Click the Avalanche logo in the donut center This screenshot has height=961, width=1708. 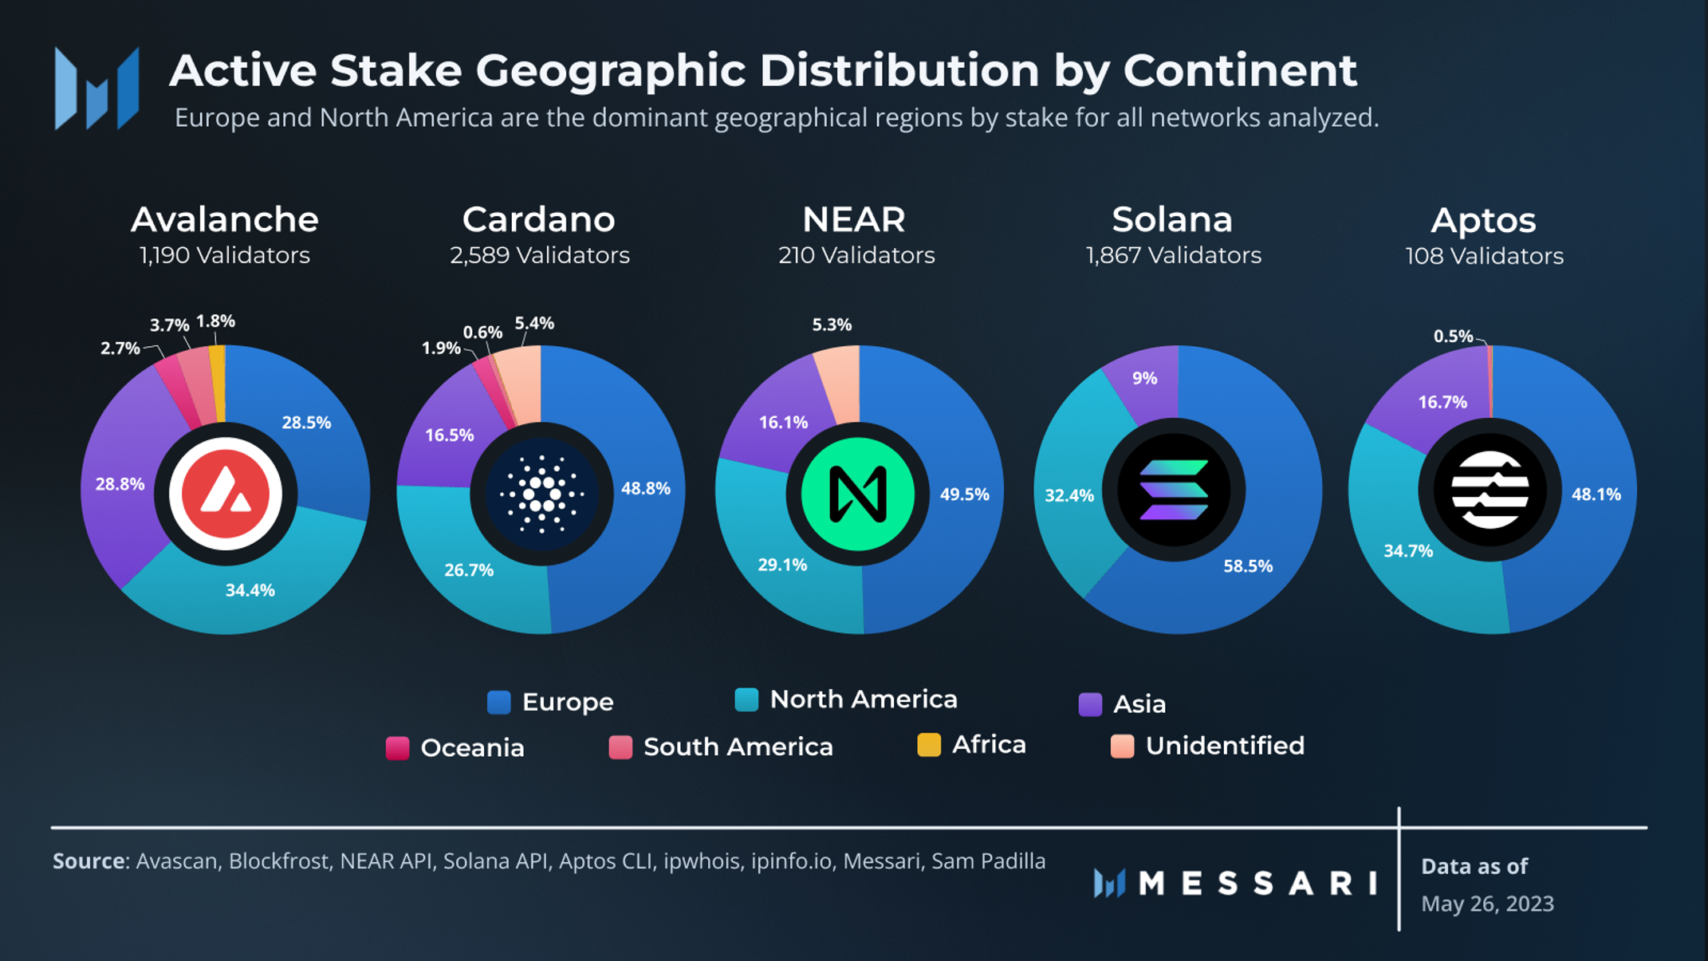[225, 494]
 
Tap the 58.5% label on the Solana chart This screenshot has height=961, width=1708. [1248, 566]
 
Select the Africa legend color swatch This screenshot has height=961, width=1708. [929, 745]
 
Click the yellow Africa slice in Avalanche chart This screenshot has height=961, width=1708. [218, 383]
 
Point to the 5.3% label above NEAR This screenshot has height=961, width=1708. [832, 325]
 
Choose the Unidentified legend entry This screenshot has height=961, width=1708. [1224, 746]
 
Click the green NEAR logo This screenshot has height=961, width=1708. [857, 494]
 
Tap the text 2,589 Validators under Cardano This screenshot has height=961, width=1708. [540, 255]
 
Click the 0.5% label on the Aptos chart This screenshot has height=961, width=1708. [1453, 337]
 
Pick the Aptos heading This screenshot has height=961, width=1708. [1483, 220]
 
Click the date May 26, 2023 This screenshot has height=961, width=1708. [1487, 904]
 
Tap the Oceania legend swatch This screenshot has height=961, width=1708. [397, 748]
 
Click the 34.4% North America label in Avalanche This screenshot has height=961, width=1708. [250, 590]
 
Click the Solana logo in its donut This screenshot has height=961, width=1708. [1174, 490]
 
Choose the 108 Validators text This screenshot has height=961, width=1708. [1484, 256]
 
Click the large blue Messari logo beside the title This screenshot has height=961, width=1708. [96, 88]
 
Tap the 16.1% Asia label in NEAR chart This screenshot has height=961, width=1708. [783, 422]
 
